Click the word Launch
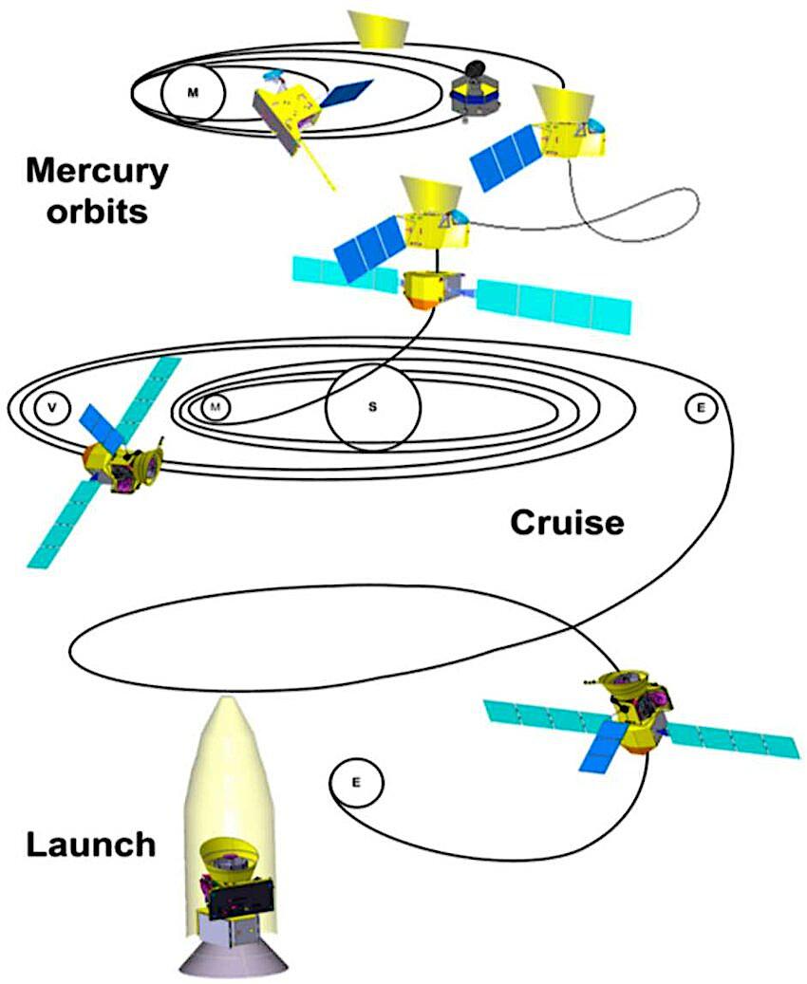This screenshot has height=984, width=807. [x=89, y=844]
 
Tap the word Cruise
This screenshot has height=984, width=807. [x=567, y=521]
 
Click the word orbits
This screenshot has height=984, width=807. [x=86, y=210]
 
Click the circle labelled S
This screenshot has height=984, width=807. [x=372, y=406]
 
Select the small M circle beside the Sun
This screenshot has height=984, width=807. [x=216, y=407]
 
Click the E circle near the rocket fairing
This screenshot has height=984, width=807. [x=356, y=783]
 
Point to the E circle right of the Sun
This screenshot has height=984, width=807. [x=701, y=407]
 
